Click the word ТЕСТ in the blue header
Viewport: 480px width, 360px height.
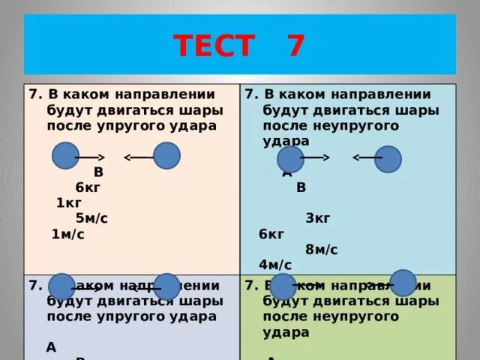coord(214,46)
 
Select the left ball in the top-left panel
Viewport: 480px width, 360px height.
coord(65,157)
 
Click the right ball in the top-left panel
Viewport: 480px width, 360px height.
coord(166,156)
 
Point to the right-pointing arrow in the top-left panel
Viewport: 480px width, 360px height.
coord(89,157)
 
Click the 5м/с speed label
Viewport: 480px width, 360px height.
coord(91,218)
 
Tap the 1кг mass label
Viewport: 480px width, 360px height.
coord(68,202)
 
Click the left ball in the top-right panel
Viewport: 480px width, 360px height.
coord(290,159)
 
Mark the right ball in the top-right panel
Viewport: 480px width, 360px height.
coord(388,159)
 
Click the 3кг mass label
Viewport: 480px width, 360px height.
coord(318,218)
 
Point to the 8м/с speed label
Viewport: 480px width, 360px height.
coord(321,249)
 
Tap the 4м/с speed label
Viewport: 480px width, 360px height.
coord(274,264)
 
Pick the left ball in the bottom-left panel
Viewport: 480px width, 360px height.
coord(61,286)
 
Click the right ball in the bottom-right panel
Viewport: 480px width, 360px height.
coord(403,283)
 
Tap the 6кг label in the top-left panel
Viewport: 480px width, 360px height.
coord(88,187)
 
